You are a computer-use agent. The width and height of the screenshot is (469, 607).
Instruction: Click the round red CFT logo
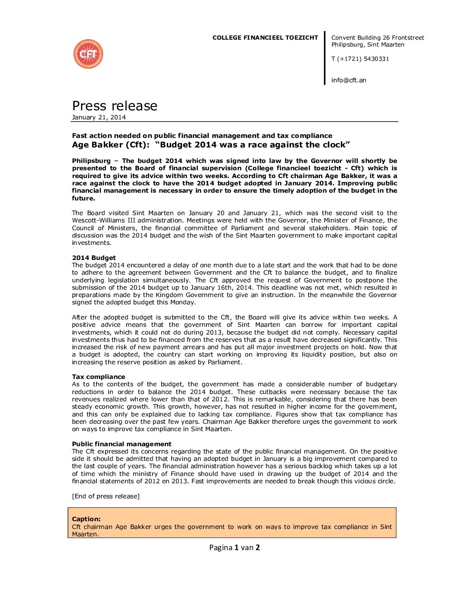(88, 54)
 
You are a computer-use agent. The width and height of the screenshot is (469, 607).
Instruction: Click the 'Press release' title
(115, 106)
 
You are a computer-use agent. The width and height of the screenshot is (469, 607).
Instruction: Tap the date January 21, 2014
(99, 117)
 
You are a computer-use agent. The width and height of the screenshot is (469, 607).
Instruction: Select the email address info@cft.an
(349, 80)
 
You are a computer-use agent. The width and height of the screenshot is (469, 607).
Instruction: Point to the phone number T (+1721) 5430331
(360, 59)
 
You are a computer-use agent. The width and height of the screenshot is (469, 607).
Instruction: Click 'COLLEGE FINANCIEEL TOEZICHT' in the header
(265, 38)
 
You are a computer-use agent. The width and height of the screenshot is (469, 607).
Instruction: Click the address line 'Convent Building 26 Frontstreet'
(378, 38)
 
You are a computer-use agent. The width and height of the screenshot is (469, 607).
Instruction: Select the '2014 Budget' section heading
(94, 258)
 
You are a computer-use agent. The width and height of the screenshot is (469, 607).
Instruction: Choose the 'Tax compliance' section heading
(98, 377)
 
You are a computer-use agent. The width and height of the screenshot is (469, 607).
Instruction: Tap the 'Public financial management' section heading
(122, 444)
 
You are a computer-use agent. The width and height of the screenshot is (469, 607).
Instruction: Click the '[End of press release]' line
(106, 496)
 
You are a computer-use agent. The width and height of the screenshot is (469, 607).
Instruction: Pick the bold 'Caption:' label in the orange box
(86, 519)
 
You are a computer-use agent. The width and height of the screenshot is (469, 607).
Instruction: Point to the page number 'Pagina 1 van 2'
(234, 548)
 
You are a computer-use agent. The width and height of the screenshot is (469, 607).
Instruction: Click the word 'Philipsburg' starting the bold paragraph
(91, 161)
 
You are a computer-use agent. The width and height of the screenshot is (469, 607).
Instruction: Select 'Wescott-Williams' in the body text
(97, 220)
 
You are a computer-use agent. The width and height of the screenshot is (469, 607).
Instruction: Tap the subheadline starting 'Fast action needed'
(202, 135)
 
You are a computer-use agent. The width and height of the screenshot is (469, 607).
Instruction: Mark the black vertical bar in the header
(325, 58)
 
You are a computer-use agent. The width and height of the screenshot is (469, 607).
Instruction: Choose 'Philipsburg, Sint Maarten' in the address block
(368, 44)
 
